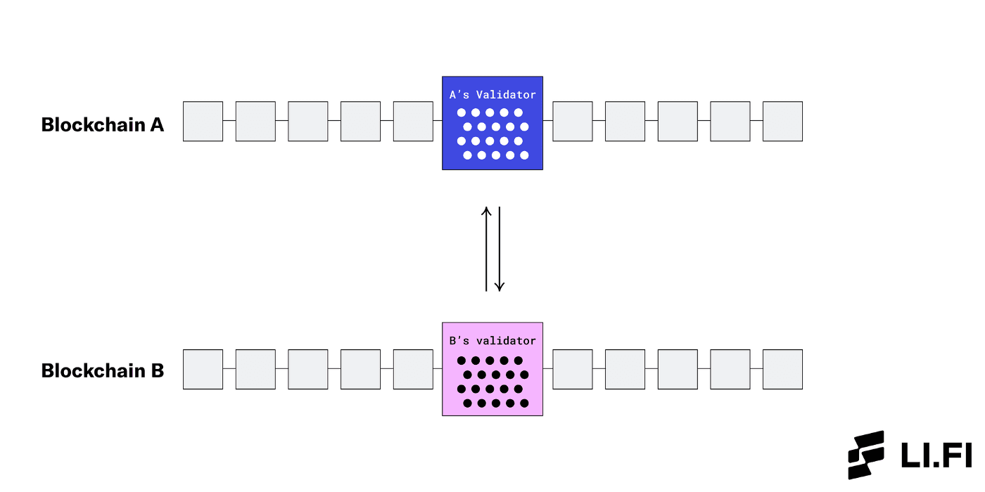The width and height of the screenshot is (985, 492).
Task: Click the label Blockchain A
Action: tap(103, 125)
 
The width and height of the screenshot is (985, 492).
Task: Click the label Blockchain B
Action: tap(103, 371)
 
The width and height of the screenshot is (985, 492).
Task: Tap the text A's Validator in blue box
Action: tap(493, 95)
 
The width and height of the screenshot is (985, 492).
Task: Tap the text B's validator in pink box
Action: tap(493, 341)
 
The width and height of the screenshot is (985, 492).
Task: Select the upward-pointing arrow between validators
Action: tap(485, 249)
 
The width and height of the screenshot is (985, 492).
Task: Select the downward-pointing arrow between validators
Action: tap(500, 249)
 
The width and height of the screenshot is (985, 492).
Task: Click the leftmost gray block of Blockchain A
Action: tap(203, 122)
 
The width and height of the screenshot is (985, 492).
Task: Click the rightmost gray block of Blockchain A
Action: tap(782, 122)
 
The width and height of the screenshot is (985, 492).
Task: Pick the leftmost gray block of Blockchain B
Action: tap(203, 370)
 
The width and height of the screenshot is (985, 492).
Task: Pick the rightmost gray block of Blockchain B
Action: tap(782, 370)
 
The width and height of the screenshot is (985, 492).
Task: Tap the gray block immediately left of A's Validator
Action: tap(413, 122)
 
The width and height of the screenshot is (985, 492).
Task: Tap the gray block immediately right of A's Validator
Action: tap(572, 122)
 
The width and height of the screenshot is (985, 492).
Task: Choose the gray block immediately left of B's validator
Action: tap(413, 370)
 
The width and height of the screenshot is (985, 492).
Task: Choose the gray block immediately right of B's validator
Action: tap(572, 370)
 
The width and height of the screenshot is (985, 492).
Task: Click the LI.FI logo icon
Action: tap(866, 454)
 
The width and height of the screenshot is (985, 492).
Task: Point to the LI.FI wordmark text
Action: tap(936, 455)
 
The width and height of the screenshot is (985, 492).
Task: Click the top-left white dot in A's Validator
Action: tap(462, 112)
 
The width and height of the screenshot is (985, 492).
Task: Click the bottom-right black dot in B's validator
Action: tap(524, 403)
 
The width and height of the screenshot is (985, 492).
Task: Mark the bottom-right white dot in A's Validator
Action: tap(524, 155)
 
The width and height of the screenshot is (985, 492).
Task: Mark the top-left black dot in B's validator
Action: tap(462, 361)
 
